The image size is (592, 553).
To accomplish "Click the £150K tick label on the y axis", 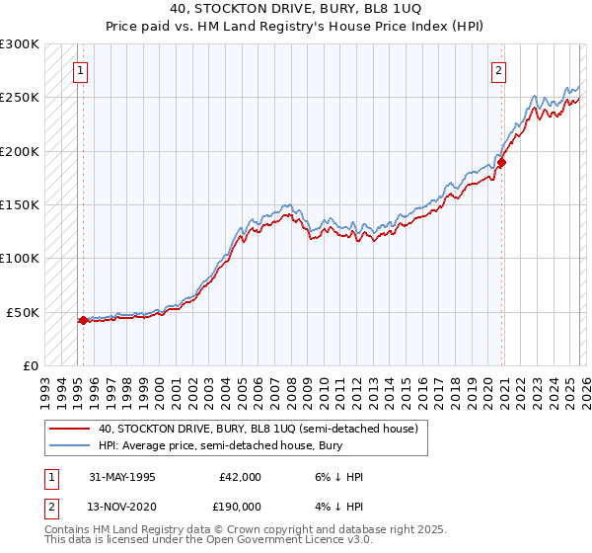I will [20, 204].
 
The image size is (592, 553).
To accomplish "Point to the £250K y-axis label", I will [20, 98].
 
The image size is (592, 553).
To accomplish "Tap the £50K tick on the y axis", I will [23, 312].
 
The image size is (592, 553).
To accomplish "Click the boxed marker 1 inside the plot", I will [79, 70].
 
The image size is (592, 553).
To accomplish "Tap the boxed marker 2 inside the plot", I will [499, 70].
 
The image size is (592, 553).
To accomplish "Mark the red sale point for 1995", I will [83, 320].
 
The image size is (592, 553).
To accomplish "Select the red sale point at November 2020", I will [500, 162].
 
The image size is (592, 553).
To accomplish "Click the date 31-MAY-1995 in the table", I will [122, 477].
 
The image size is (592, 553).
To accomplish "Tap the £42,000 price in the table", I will [237, 477].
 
